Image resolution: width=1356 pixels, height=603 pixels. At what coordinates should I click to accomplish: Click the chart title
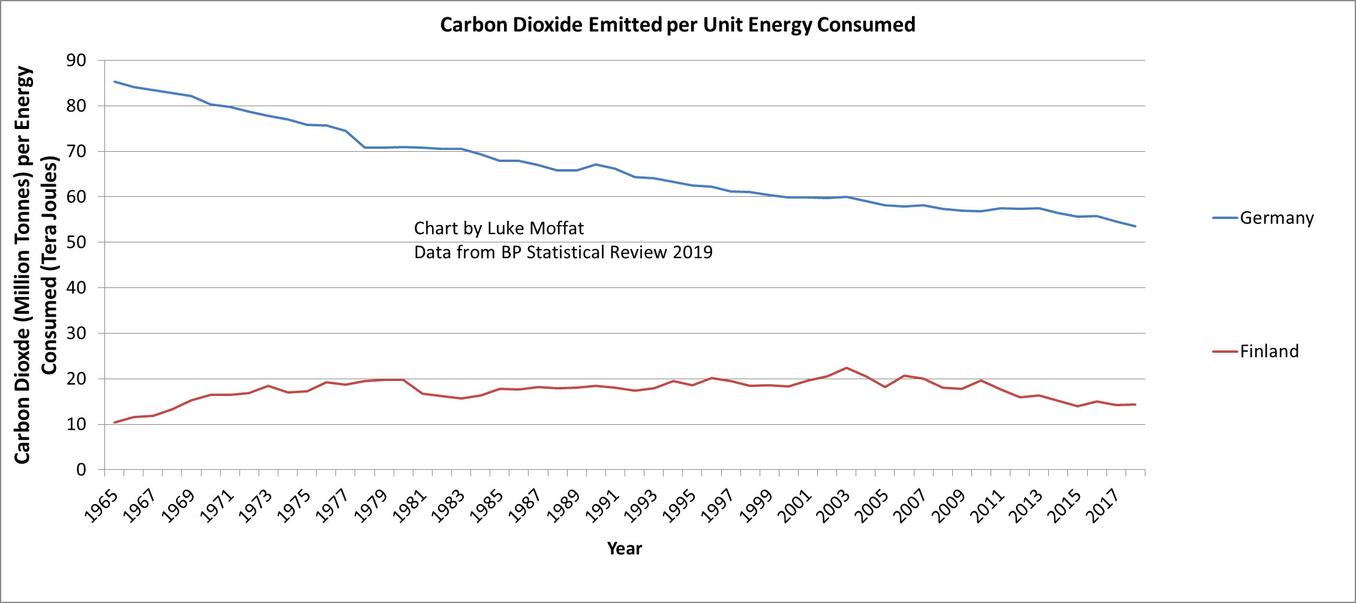coord(677,25)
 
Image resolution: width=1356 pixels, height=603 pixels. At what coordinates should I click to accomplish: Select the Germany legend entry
coord(1276,218)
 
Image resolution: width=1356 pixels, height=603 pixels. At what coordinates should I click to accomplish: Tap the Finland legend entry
coord(1268,351)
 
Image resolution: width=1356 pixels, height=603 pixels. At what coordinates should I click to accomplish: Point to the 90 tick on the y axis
coord(77,60)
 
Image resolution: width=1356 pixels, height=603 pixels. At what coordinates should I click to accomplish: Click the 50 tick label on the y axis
coord(77,242)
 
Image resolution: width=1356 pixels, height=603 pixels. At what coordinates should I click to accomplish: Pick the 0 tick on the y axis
coord(82,470)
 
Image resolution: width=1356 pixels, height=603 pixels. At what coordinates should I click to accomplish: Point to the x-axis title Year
coord(624,548)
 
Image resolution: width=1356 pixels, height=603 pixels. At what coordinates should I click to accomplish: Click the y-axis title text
coord(36,264)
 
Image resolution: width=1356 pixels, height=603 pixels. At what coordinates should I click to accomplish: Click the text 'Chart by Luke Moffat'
coord(499,229)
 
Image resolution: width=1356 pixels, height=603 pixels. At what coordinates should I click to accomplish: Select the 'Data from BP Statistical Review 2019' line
coord(563,253)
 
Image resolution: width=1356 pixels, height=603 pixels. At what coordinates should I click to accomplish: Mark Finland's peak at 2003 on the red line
coord(846,368)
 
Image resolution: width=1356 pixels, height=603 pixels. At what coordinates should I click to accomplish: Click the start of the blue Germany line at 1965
coord(115,82)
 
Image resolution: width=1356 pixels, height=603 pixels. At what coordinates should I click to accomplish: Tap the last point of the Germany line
coord(1135,226)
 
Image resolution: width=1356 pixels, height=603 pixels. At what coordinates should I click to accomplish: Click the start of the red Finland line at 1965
coord(115,422)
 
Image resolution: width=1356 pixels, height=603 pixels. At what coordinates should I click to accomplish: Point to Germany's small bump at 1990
coord(596,164)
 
